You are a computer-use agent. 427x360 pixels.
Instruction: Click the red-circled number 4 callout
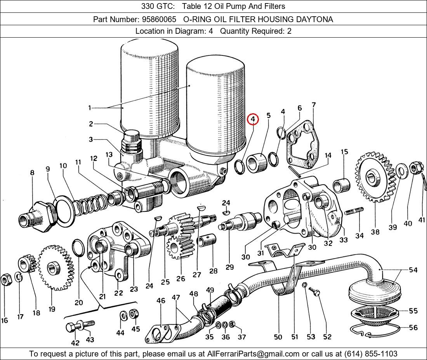tap(253, 119)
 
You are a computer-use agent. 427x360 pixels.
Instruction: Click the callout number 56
tap(413, 328)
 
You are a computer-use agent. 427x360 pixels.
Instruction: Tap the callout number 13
tap(109, 155)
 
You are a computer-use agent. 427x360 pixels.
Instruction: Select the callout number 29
tap(230, 267)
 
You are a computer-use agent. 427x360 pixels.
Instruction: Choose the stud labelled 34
tap(354, 212)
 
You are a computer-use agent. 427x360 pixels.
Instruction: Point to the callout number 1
tap(90, 108)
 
